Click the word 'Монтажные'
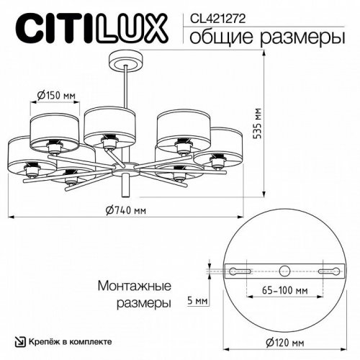pos(134,285)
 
